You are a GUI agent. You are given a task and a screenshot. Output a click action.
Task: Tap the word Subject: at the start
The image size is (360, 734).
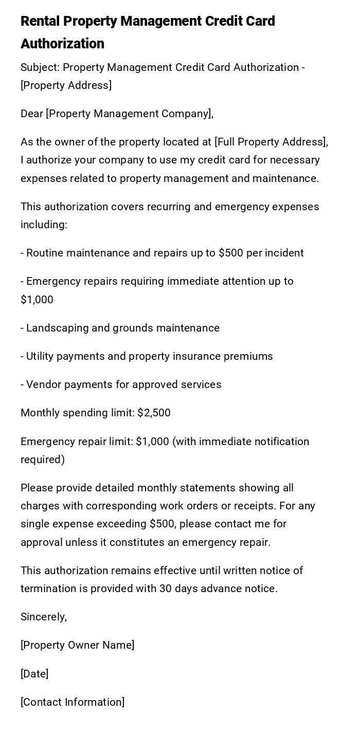40,67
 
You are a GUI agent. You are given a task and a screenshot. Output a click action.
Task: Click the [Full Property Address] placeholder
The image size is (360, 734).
271,142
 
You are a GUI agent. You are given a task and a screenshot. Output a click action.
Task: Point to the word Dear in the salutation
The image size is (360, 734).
32,114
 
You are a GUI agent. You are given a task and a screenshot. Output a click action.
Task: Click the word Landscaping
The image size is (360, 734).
58,328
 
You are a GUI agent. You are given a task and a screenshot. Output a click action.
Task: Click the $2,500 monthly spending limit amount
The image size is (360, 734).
154,413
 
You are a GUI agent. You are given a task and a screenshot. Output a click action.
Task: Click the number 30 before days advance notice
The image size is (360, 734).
165,589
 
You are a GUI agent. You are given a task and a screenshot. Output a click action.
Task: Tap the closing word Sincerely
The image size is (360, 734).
44,617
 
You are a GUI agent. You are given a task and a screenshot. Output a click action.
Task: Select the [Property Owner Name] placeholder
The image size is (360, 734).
77,645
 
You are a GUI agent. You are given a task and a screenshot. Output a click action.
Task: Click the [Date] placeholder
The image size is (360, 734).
34,674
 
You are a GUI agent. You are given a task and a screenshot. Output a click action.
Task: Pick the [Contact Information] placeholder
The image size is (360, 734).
73,702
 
